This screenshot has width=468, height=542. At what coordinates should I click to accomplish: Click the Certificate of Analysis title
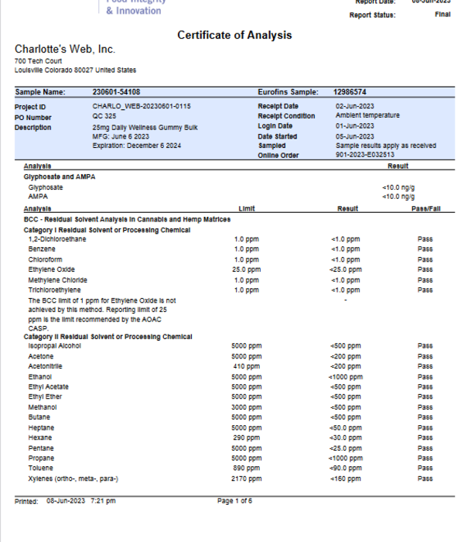234,35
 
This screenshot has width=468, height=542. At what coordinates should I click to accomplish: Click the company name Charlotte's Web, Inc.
64,50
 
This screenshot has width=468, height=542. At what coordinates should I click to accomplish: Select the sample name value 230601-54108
116,92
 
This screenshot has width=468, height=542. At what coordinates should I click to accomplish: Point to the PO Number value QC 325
104,116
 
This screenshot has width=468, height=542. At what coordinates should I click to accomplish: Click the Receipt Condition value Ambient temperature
367,116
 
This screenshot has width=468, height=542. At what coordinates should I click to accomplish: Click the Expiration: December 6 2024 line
136,146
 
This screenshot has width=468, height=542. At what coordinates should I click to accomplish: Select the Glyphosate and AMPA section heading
61,177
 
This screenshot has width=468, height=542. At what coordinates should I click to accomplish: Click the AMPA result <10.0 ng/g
398,197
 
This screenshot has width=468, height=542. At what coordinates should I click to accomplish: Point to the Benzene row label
42,249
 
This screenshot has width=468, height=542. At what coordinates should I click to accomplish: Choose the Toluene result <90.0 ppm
345,468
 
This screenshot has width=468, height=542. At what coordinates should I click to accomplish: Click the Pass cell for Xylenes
425,479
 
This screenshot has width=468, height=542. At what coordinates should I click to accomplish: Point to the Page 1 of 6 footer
234,501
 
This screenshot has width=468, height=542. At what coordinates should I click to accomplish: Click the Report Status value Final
442,15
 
